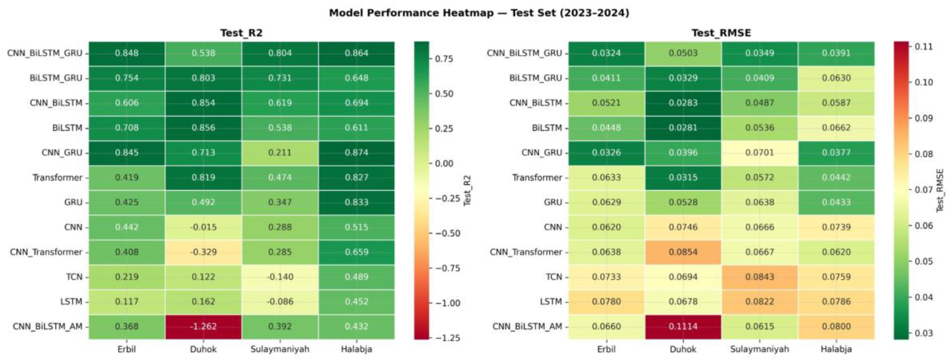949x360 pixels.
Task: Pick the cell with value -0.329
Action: coord(203,252)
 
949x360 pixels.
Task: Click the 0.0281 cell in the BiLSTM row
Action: coord(683,128)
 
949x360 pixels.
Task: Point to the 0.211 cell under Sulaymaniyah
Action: coord(280,152)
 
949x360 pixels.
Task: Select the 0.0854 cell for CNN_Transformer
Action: coord(683,252)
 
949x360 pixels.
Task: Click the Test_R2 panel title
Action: coord(241,33)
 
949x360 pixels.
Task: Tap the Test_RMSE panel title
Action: coord(721,33)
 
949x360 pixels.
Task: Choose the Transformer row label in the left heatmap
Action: coord(58,178)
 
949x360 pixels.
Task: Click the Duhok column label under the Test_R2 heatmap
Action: coord(203,349)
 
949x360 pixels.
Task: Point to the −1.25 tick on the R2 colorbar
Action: coord(448,338)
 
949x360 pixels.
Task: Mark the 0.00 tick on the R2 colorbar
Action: coord(444,163)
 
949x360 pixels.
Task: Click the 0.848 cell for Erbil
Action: coord(127,53)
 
